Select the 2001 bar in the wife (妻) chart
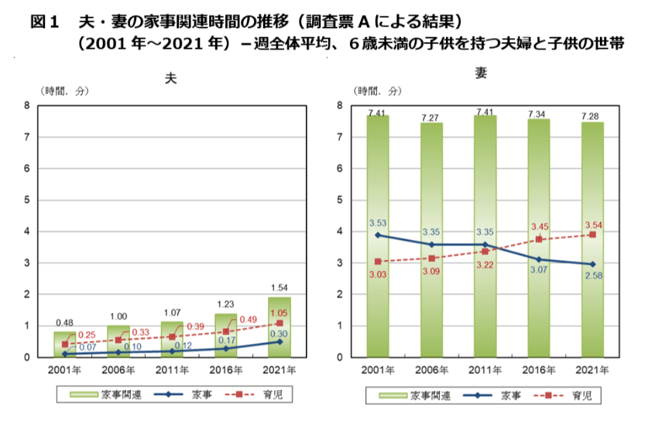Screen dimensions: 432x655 (377, 232)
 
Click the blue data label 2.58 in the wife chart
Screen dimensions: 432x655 (594, 275)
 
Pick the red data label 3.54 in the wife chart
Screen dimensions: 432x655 (594, 225)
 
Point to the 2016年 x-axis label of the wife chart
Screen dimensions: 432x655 (539, 369)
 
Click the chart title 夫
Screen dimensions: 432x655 (171, 79)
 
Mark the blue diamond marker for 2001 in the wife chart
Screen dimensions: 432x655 (377, 235)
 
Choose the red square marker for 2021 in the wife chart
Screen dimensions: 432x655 (593, 234)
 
